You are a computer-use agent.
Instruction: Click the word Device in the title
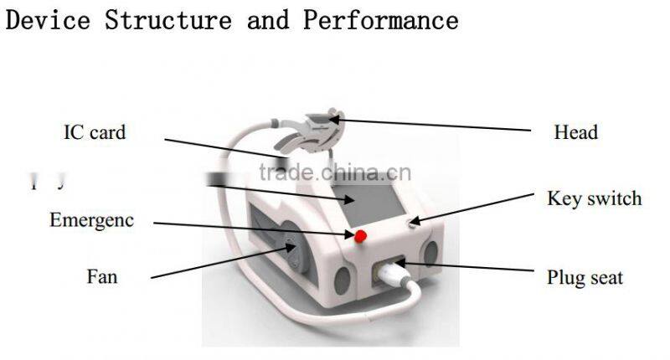(47, 19)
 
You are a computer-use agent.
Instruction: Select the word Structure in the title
(168, 19)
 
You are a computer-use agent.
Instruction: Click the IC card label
(95, 131)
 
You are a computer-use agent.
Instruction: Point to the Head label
(576, 132)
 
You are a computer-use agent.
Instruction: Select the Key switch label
(594, 198)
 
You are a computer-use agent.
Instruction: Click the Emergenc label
(91, 221)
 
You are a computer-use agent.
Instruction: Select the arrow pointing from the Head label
(435, 126)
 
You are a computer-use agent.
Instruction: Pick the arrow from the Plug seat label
(469, 269)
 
